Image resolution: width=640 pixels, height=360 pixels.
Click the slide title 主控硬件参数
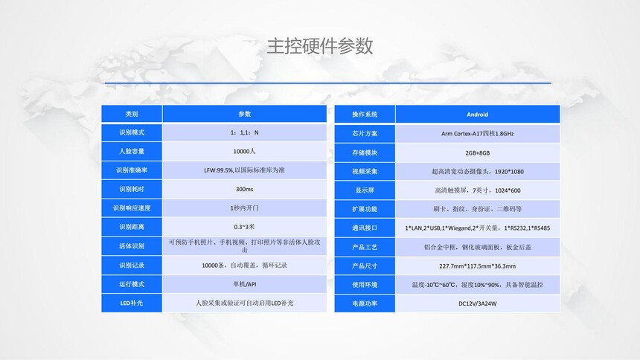pos(319,45)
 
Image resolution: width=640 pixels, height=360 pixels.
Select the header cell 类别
pos(132,114)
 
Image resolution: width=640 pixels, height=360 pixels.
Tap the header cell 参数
pos(245,114)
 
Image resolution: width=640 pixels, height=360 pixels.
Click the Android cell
pos(477,115)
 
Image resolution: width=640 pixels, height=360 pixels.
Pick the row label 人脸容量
pos(132,152)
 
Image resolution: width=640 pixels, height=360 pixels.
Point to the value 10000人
pos(245,152)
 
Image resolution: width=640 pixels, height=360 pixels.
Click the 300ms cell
pos(245,189)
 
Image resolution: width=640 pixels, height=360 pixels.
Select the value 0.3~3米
pos(245,227)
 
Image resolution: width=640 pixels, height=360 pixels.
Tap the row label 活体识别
pos(132,246)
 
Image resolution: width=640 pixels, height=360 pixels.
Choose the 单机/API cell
pos(245,284)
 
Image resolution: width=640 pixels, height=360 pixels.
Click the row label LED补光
pos(132,303)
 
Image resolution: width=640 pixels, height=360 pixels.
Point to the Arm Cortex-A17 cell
pos(477,133)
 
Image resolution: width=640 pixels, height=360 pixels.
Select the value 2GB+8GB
pos(477,152)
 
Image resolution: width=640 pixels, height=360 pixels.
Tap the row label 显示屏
pos(365,190)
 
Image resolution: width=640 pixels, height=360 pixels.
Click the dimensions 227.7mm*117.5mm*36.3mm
pos(477,266)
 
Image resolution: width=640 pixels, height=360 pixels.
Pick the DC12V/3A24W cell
pos(477,303)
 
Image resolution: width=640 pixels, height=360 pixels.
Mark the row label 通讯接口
pos(365,228)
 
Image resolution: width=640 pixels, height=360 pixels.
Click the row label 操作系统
pos(365,115)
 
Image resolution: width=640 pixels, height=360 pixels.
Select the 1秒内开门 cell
pos(245,208)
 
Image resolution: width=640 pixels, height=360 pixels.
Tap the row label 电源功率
pos(365,303)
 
